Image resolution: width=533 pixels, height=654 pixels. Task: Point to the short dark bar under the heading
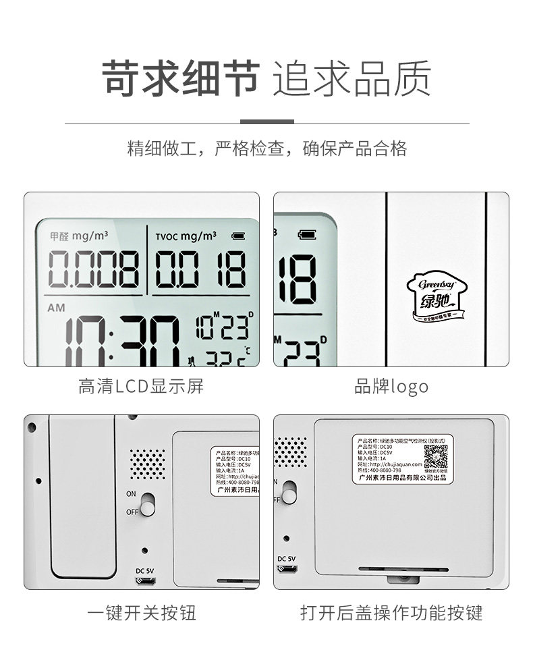267,122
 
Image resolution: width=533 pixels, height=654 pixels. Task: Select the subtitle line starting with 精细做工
267,148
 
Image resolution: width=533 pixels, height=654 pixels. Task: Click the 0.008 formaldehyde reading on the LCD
94,269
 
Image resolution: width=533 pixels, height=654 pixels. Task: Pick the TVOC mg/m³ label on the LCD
186,236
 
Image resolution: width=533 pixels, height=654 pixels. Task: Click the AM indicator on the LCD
57,308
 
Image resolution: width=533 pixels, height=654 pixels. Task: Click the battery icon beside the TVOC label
239,236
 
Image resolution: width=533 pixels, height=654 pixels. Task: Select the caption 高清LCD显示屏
141,387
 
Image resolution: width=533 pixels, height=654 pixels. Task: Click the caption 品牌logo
391,387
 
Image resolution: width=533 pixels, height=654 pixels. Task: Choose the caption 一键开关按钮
142,612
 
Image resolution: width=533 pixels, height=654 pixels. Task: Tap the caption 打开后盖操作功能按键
391,612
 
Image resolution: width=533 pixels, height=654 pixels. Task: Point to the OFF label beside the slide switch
132,512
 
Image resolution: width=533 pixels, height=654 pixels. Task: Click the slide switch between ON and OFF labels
148,503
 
